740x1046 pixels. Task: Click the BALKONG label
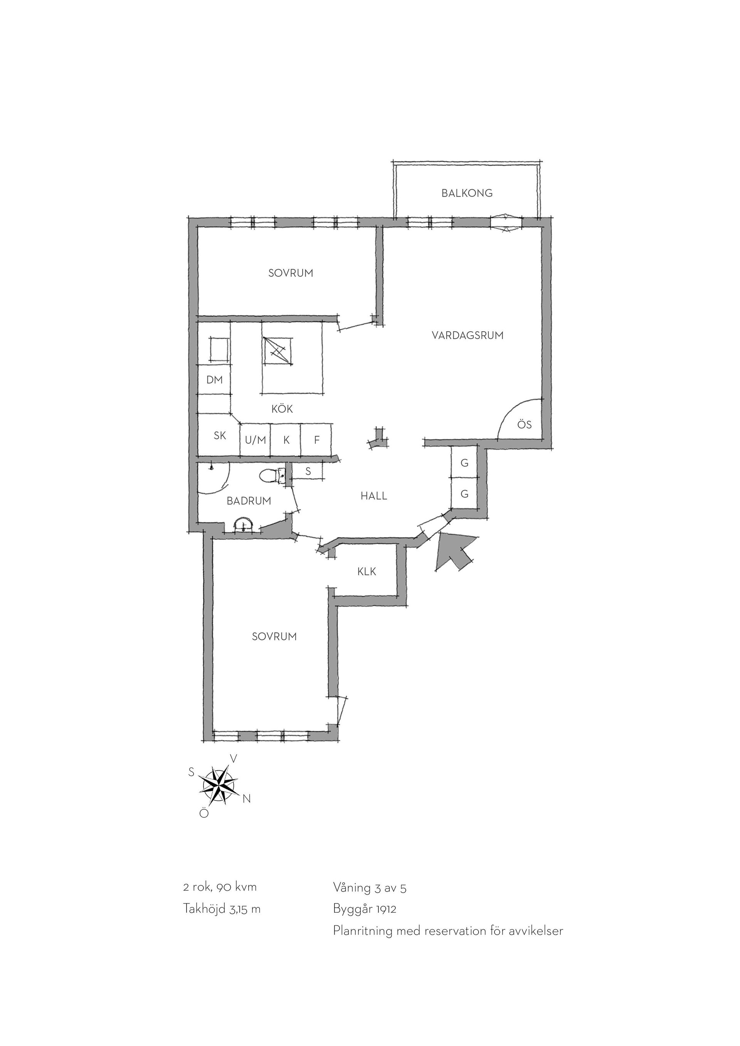click(x=467, y=193)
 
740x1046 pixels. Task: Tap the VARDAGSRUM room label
click(x=468, y=336)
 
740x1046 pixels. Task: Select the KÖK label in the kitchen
click(x=282, y=409)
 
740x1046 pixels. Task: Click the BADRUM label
click(x=249, y=501)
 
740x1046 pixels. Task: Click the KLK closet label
click(x=367, y=571)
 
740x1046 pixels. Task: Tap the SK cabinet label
click(x=220, y=435)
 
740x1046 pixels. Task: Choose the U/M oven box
click(x=255, y=440)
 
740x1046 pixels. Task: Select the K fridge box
click(x=286, y=440)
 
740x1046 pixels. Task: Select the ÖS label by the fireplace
click(x=524, y=425)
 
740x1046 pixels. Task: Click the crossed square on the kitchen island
click(x=278, y=351)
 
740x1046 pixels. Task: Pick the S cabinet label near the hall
click(x=308, y=472)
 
